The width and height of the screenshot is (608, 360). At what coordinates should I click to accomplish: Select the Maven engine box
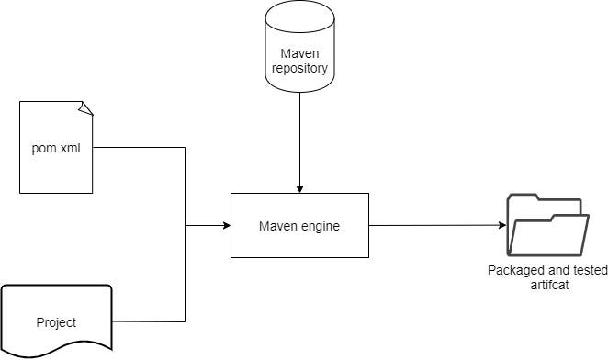click(x=298, y=225)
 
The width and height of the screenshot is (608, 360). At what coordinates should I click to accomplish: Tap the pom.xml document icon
click(x=56, y=147)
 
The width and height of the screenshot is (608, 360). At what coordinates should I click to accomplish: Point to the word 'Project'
click(x=56, y=322)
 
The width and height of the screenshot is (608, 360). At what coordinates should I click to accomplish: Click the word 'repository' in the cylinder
click(x=298, y=67)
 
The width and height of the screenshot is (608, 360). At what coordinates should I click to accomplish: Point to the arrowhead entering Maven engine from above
click(x=298, y=188)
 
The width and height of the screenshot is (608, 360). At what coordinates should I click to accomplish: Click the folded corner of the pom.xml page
click(x=86, y=108)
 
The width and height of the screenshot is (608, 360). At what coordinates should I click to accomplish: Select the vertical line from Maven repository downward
click(x=298, y=138)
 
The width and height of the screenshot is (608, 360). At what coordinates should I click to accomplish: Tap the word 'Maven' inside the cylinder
click(x=298, y=52)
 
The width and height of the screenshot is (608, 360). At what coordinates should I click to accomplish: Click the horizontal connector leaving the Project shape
click(x=147, y=321)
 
